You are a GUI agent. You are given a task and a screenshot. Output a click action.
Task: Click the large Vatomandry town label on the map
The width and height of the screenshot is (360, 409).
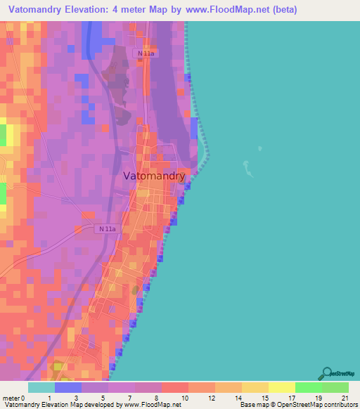[155, 176]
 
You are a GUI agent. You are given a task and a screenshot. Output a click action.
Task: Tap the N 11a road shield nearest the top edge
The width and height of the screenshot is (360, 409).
[147, 53]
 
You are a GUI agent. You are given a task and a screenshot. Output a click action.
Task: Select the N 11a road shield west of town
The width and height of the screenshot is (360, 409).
[107, 228]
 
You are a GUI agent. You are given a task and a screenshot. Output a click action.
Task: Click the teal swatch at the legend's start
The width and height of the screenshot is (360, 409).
[41, 387]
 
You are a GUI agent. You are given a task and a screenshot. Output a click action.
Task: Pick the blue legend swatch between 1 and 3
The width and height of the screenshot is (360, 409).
[67, 387]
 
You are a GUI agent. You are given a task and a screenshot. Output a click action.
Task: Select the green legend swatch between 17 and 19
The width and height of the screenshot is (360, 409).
[308, 387]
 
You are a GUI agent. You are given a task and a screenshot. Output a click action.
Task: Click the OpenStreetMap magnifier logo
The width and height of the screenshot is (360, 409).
[327, 373]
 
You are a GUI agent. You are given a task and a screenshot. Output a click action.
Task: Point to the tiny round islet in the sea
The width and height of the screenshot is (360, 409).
[260, 148]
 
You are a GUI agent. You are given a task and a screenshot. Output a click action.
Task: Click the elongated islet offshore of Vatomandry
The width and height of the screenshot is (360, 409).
[247, 169]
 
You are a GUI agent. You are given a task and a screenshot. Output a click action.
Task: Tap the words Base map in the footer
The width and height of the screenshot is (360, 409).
[252, 405]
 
